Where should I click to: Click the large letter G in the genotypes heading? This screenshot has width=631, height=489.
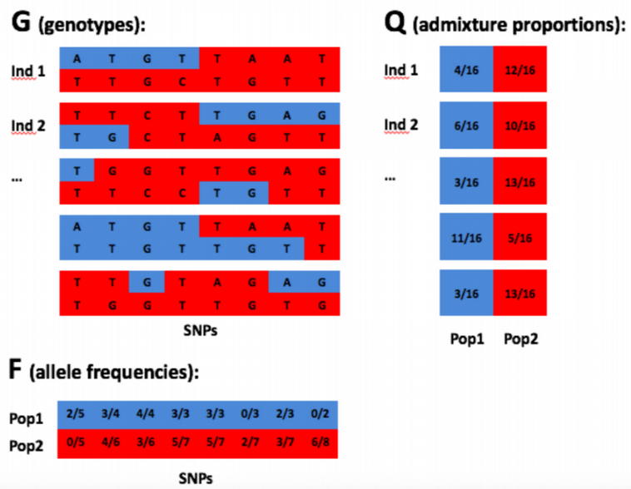20,23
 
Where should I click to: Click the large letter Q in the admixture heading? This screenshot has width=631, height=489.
395,23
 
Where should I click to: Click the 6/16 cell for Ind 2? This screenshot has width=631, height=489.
466,125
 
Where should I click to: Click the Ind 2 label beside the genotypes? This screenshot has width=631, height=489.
28,126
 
